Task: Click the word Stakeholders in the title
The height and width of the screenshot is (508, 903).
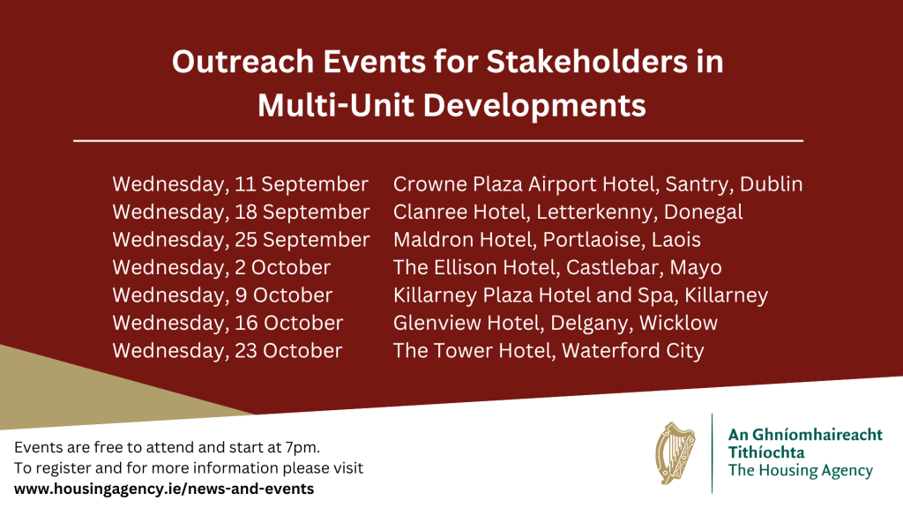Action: [x=586, y=62]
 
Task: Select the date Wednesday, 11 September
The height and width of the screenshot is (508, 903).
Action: [x=240, y=185]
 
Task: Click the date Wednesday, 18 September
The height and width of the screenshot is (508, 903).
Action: [x=241, y=213]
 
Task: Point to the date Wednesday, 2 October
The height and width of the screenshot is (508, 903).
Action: [x=221, y=268]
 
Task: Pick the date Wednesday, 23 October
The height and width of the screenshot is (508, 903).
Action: [x=228, y=351]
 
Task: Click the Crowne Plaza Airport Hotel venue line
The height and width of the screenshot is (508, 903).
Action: [x=598, y=185]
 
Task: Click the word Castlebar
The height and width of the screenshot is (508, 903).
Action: [x=615, y=268]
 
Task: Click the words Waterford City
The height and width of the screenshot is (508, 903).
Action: [x=633, y=351]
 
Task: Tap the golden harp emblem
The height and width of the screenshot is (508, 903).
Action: [x=675, y=453]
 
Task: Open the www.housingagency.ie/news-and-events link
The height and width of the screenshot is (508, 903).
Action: [x=164, y=489]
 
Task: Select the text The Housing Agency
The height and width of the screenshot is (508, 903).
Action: [x=801, y=471]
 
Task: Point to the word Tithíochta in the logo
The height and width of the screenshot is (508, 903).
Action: [x=766, y=452]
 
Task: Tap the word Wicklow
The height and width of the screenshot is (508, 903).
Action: [x=678, y=323]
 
